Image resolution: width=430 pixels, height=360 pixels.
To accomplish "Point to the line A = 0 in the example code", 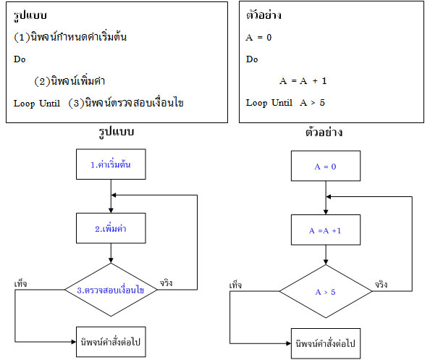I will click(x=258, y=37).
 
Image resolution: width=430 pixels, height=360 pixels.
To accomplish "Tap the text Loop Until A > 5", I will click(x=285, y=103).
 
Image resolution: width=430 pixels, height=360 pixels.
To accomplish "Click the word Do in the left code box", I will click(x=20, y=59).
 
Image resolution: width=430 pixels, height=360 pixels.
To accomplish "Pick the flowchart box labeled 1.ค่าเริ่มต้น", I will click(x=111, y=165).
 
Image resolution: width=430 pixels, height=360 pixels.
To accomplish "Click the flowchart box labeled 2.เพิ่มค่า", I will click(x=111, y=228).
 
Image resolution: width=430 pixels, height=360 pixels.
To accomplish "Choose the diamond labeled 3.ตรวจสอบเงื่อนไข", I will click(x=111, y=290).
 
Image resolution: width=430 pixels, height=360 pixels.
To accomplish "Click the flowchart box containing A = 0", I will click(x=326, y=165).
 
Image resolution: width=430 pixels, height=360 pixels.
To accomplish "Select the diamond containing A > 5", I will click(x=326, y=292).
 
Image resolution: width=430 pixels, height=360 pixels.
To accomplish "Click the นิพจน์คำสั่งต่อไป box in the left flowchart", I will click(x=111, y=342).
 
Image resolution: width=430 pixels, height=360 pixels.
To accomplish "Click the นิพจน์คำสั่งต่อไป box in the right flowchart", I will click(x=326, y=342).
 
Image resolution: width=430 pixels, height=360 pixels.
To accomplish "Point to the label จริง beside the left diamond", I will click(x=166, y=283).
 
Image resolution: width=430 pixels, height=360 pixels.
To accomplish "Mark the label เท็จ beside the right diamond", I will click(x=235, y=285).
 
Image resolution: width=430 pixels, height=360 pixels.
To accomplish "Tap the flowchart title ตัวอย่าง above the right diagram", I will click(x=324, y=133).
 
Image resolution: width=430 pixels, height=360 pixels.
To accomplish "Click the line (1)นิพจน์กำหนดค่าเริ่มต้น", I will click(x=70, y=37).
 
